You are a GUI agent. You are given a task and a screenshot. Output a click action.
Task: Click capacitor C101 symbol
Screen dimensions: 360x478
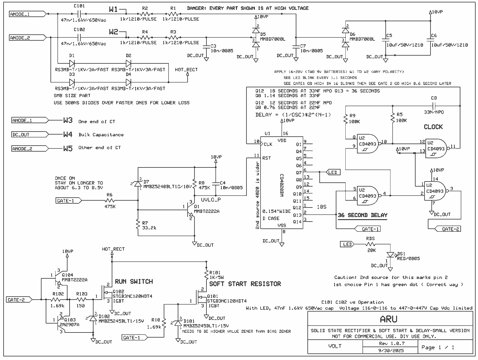coord(79,14)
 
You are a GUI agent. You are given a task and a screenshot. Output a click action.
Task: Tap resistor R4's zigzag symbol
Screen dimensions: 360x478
coord(145,37)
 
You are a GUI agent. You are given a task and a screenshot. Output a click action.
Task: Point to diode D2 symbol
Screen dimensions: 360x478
coord(128,63)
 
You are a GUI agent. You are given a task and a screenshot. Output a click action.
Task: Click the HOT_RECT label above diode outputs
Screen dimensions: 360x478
coord(186,70)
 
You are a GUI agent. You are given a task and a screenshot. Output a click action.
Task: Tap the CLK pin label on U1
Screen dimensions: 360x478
coord(268,144)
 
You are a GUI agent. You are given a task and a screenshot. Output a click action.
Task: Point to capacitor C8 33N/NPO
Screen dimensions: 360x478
coord(434,106)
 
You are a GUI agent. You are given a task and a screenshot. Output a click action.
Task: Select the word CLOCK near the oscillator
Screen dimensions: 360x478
coord(433,127)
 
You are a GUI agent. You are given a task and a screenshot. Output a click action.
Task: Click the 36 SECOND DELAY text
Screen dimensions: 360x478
coord(362,215)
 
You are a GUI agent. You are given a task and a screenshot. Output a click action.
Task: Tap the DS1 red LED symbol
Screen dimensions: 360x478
coord(390,254)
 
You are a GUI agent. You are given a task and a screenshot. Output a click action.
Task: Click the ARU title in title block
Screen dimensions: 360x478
coord(388,319)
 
